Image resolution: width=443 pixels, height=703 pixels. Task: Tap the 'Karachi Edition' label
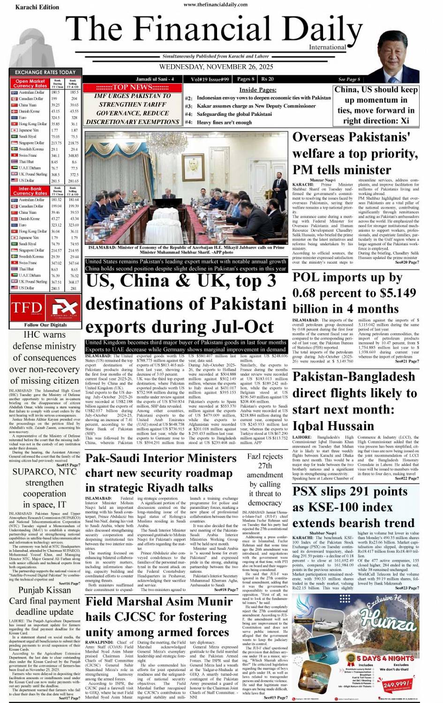coord(37,7)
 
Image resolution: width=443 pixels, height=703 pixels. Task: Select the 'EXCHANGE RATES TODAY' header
coord(45,72)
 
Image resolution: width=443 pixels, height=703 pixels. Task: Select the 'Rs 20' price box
coord(268,79)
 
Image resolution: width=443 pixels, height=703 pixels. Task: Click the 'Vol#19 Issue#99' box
coord(210,79)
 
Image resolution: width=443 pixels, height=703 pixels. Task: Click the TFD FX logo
coord(45,308)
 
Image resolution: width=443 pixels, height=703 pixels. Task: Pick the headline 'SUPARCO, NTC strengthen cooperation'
coord(45,488)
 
